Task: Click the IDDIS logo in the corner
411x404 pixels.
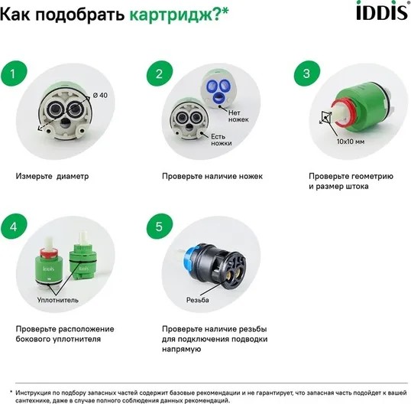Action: pos(383,11)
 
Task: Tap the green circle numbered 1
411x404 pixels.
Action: pos(14,73)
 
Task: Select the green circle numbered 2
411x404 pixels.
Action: pos(160,73)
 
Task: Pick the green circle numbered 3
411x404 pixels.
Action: pos(306,73)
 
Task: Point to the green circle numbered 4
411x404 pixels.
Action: pos(14,226)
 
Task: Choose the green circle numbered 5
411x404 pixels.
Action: pos(160,226)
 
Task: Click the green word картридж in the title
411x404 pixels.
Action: pos(172,15)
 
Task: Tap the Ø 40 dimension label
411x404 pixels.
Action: pos(100,95)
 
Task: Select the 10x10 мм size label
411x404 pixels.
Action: pos(351,142)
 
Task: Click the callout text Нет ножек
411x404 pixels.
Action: pos(238,116)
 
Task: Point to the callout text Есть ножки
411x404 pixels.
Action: pos(222,140)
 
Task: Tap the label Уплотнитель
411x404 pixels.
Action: pos(57,300)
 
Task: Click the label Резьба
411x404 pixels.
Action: pos(197,300)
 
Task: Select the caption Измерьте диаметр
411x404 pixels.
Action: pos(52,176)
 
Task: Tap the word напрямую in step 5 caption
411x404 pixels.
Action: pos(181,350)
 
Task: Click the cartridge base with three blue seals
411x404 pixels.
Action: pos(216,89)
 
